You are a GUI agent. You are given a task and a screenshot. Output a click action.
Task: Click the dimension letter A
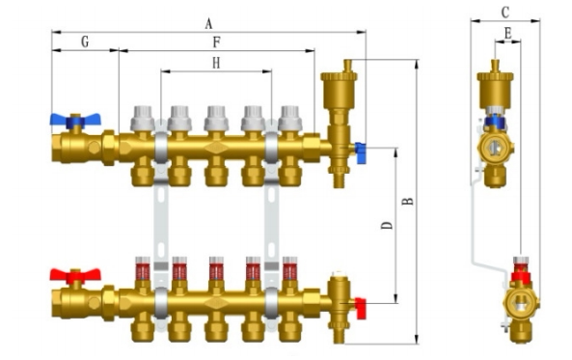[x=208, y=23]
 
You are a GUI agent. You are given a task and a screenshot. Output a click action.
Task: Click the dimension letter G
[x=85, y=42]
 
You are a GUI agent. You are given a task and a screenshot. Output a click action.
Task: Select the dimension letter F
[x=216, y=42]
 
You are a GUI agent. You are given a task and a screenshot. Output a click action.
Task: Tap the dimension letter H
[x=216, y=62]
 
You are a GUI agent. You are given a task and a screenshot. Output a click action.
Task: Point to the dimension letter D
[x=387, y=226]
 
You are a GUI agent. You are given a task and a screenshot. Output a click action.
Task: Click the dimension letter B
[x=408, y=201]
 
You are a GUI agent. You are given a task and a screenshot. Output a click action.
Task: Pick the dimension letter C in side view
[x=504, y=13]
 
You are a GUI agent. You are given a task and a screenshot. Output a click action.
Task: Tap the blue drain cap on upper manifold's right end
[x=360, y=151]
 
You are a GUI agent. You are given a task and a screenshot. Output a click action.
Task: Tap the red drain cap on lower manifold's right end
[x=361, y=308]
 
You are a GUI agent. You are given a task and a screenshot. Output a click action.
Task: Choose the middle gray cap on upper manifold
[x=216, y=118]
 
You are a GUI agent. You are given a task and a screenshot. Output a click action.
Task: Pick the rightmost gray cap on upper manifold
[x=289, y=118]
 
